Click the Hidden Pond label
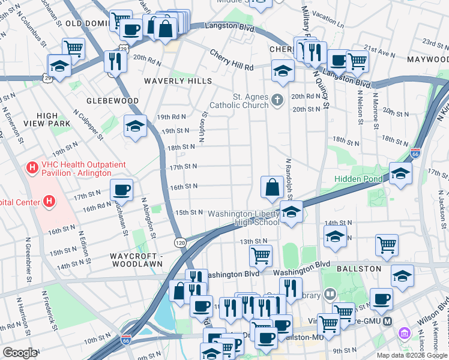click(358, 179)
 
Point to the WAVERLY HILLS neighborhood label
click(178, 80)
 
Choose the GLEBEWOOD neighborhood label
click(112, 101)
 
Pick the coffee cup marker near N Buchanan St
click(121, 190)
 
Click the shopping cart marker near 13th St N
click(261, 256)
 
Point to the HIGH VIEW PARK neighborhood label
click(47, 119)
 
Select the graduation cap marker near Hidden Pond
click(400, 173)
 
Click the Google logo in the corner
click(20, 353)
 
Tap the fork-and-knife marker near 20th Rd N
click(113, 61)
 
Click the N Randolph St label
click(289, 178)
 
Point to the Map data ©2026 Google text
click(412, 355)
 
